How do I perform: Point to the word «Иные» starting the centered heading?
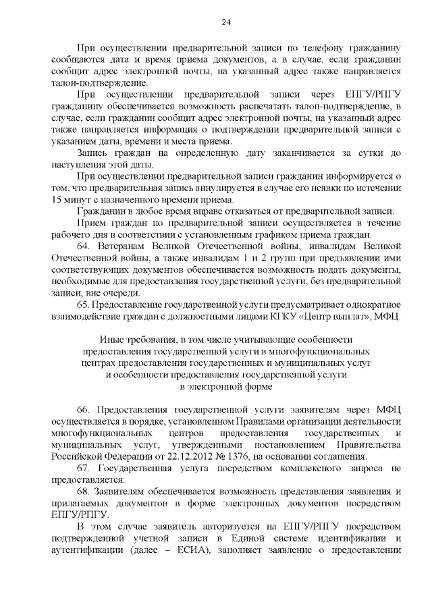(x=112, y=340)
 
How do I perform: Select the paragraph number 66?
(x=84, y=410)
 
